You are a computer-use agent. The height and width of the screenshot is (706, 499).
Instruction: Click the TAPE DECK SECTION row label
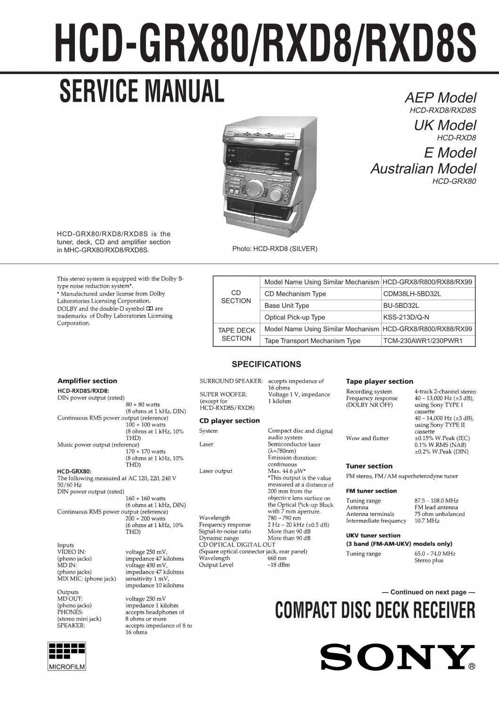[236, 335]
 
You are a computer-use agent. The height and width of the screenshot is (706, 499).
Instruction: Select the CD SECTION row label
[236, 297]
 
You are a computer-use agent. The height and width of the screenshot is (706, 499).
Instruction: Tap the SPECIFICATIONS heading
[266, 364]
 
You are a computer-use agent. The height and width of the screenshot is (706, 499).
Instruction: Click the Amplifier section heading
[87, 381]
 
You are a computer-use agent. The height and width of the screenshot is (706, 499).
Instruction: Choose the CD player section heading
[230, 420]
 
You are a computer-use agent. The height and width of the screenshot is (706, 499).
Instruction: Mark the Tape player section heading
[379, 381]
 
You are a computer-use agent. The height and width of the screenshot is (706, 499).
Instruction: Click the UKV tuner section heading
[373, 535]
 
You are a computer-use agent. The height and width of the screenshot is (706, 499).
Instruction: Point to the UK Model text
[445, 125]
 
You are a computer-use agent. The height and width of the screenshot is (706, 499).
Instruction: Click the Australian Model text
[424, 168]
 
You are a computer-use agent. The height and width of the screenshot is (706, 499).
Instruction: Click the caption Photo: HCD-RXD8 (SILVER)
[275, 249]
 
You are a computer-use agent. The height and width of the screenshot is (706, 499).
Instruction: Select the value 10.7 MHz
[427, 521]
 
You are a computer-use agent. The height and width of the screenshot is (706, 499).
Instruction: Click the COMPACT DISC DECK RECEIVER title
[375, 610]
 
